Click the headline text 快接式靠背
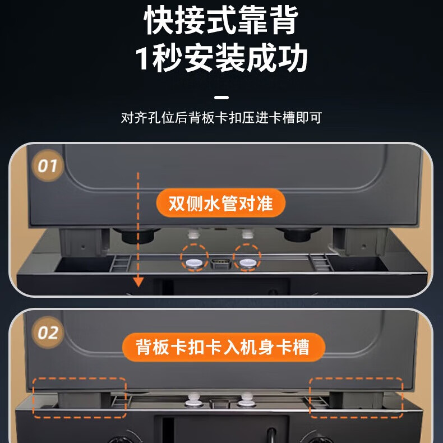(221, 22)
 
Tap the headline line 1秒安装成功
(221, 59)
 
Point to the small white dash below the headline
(221, 96)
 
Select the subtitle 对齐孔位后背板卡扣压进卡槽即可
(221, 118)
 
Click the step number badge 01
(47, 165)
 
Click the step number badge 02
(47, 333)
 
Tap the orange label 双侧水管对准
(221, 202)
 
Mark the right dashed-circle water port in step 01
(247, 260)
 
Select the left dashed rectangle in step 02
(79, 397)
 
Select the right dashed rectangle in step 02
(356, 397)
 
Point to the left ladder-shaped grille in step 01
(120, 262)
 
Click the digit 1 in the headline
(144, 59)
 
